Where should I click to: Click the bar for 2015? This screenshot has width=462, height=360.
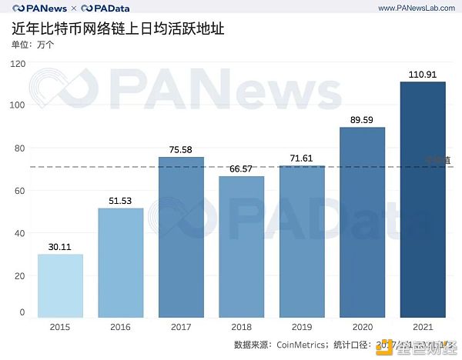pos(60,285)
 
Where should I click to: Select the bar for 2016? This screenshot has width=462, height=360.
pos(121,262)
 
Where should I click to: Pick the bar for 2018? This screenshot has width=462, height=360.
pos(241,246)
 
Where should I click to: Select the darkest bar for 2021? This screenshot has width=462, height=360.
pos(423,199)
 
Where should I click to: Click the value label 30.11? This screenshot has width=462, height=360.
pos(60,247)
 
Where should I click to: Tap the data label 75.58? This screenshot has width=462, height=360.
pos(181,150)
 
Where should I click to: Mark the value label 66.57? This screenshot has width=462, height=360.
pos(241,168)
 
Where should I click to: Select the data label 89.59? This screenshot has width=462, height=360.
pos(363,120)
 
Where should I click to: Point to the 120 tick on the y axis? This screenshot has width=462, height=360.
pos(18,63)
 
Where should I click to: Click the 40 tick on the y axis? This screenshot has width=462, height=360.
pos(20,233)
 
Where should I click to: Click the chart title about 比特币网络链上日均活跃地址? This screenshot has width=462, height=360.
pos(119,29)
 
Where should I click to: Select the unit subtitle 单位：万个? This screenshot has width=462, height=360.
pos(33,45)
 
